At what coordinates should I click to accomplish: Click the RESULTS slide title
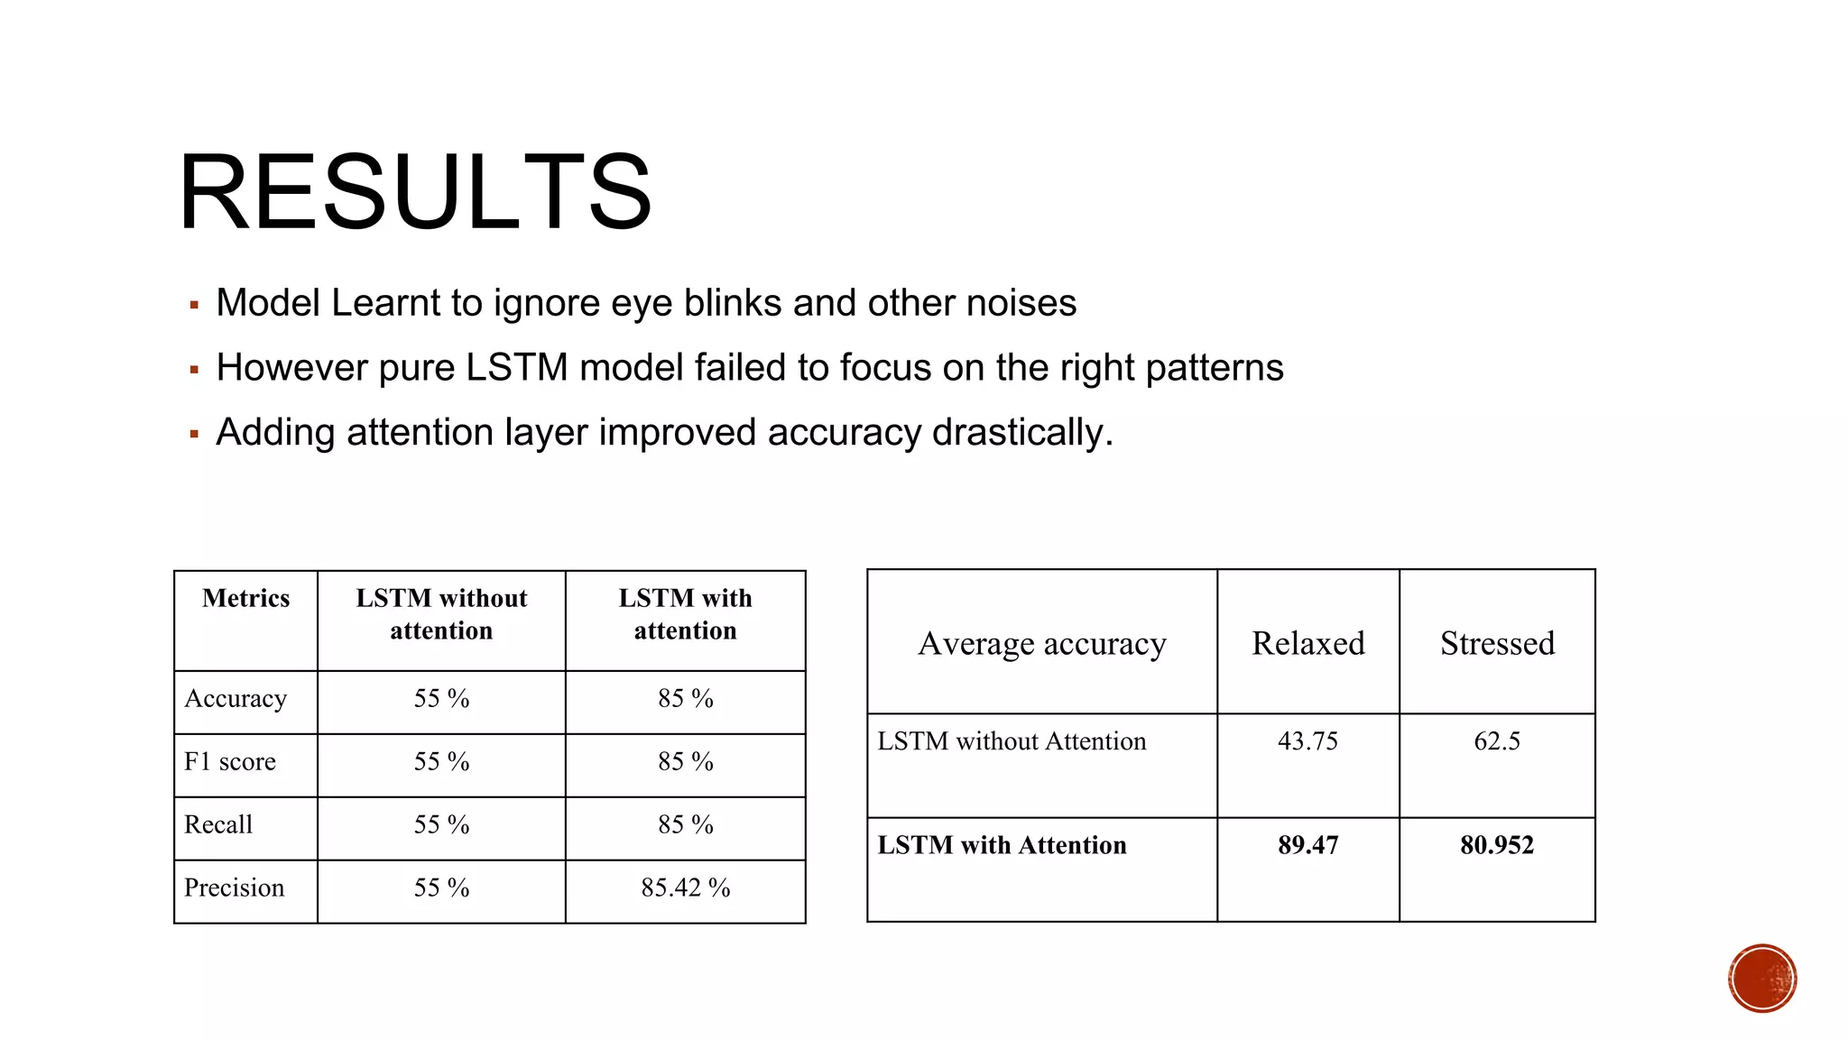pyautogui.click(x=414, y=192)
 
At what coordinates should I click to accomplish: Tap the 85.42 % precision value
pyautogui.click(x=685, y=888)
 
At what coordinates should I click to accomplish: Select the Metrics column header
pyautogui.click(x=245, y=599)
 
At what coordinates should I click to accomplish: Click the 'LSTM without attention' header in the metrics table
pyautogui.click(x=441, y=614)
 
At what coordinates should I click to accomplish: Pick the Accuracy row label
pyautogui.click(x=236, y=699)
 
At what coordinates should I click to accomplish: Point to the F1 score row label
pyautogui.click(x=230, y=762)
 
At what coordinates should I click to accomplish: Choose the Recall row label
pyautogui.click(x=218, y=825)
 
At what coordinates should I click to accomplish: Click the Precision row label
pyautogui.click(x=234, y=888)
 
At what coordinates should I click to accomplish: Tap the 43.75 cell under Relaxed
pyautogui.click(x=1307, y=741)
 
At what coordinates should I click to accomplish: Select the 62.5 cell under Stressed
pyautogui.click(x=1497, y=741)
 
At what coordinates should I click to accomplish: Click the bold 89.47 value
pyautogui.click(x=1307, y=845)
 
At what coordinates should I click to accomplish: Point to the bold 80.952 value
pyautogui.click(x=1497, y=845)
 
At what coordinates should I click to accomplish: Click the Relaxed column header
pyautogui.click(x=1307, y=644)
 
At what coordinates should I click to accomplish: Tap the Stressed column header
pyautogui.click(x=1497, y=644)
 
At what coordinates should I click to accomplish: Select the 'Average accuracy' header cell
pyautogui.click(x=1042, y=644)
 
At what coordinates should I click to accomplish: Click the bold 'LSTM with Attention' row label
pyautogui.click(x=1002, y=845)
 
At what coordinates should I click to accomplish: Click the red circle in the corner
pyautogui.click(x=1762, y=979)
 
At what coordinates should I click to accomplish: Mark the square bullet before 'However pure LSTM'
pyautogui.click(x=194, y=370)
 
